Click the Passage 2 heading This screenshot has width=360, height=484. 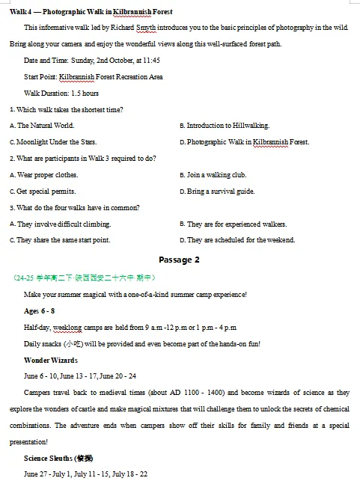pyautogui.click(x=180, y=260)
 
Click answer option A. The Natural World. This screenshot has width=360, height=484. pyautogui.click(x=43, y=126)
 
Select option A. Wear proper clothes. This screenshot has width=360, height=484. pyautogui.click(x=44, y=175)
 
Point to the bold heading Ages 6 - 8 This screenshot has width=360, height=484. pyautogui.click(x=40, y=310)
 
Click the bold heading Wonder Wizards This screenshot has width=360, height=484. pyautogui.click(x=50, y=360)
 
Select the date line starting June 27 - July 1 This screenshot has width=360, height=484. pyautogui.click(x=85, y=474)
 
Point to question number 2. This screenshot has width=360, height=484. pyautogui.click(x=12, y=159)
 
